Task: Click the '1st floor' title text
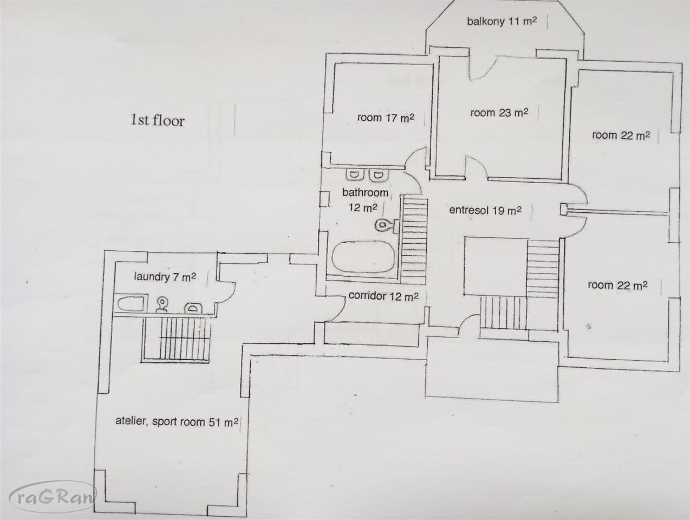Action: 158,120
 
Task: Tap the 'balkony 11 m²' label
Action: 502,21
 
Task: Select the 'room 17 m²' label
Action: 386,118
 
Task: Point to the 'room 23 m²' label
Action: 499,113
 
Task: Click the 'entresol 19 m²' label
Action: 485,210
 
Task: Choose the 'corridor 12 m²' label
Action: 383,296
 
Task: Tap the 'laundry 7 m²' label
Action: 165,277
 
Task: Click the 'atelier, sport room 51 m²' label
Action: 177,421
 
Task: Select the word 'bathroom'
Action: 365,192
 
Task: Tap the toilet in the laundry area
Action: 162,304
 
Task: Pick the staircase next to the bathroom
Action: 415,240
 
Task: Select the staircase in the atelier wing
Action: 177,339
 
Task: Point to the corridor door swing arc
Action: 338,310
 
